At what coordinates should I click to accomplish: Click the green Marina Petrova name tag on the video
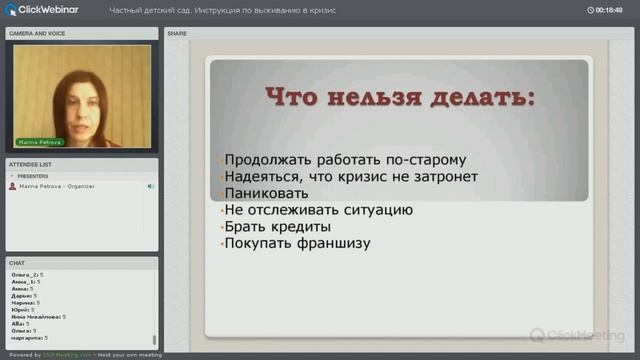pyautogui.click(x=40, y=142)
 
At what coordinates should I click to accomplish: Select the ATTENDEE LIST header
pyautogui.click(x=30, y=164)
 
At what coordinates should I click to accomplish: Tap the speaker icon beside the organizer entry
pyautogui.click(x=151, y=186)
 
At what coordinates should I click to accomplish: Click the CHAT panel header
pyautogui.click(x=17, y=263)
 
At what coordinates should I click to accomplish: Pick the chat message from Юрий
pyautogui.click(x=26, y=309)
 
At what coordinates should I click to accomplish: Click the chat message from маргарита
pyautogui.click(x=30, y=338)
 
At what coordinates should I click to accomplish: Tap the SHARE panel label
pyautogui.click(x=177, y=33)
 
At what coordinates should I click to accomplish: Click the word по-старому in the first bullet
pyautogui.click(x=421, y=159)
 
